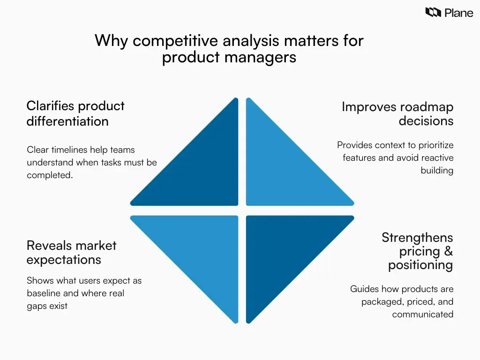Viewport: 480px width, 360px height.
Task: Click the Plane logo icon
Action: click(433, 12)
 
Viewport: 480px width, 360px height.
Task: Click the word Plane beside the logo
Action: click(459, 13)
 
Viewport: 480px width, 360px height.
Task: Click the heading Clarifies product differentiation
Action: click(75, 113)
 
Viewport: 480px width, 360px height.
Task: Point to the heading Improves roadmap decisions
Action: click(397, 114)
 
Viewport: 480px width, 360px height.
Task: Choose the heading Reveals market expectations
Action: click(71, 252)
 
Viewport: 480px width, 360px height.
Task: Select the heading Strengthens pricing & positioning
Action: click(417, 251)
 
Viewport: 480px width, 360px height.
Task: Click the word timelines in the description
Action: click(70, 150)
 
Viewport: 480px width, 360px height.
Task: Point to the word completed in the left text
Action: click(49, 176)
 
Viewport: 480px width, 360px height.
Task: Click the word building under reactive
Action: click(437, 170)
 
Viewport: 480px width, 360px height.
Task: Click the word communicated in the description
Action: click(422, 315)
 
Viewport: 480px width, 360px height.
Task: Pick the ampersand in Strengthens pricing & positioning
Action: click(448, 252)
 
